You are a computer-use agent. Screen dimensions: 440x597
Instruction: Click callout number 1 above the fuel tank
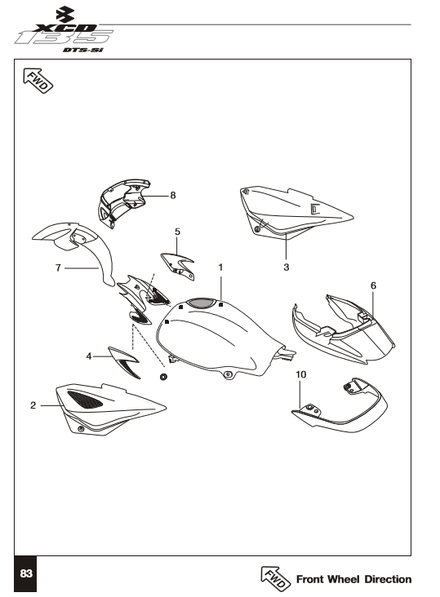[x=220, y=268]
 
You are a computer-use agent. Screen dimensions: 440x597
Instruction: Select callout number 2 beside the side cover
[x=33, y=405]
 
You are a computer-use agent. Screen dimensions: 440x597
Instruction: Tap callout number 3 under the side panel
[x=286, y=268]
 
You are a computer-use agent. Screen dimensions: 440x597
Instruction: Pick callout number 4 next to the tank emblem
[x=89, y=356]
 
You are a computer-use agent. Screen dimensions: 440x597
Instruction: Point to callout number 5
[x=177, y=232]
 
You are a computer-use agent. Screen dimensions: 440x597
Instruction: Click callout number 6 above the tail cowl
[x=373, y=285]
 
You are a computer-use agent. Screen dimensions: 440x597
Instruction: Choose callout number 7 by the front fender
[x=58, y=268]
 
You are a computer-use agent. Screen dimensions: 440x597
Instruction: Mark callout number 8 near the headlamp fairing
[x=173, y=195]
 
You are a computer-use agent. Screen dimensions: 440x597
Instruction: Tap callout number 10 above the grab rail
[x=301, y=374]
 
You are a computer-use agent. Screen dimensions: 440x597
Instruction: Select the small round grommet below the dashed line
[x=163, y=377]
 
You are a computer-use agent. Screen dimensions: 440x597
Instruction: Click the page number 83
[x=26, y=574]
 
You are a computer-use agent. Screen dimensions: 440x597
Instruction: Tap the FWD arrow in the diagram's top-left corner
[x=38, y=81]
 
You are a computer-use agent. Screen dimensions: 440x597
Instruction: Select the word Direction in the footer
[x=388, y=580]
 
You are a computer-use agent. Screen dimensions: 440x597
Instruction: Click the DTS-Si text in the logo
[x=82, y=51]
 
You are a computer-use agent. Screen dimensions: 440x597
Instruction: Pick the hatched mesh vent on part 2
[x=85, y=400]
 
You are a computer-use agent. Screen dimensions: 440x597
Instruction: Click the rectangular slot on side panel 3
[x=314, y=209]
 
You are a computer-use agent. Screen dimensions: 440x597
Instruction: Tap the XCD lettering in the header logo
[x=64, y=28]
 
